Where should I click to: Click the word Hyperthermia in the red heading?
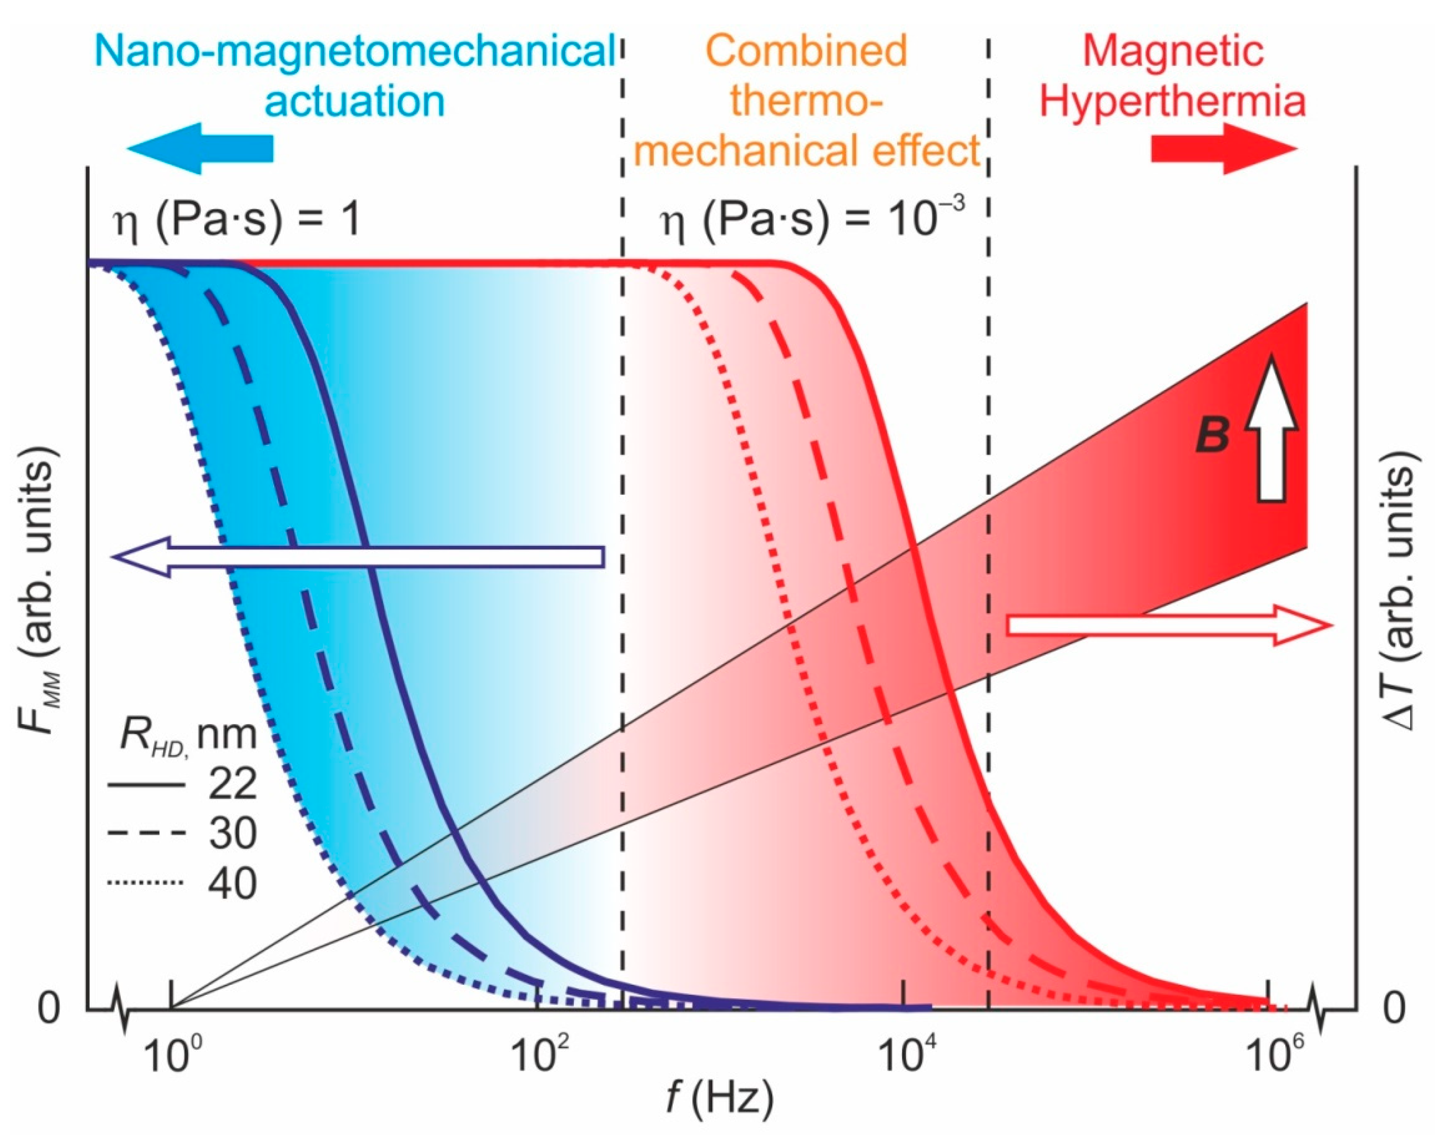pyautogui.click(x=1172, y=101)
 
